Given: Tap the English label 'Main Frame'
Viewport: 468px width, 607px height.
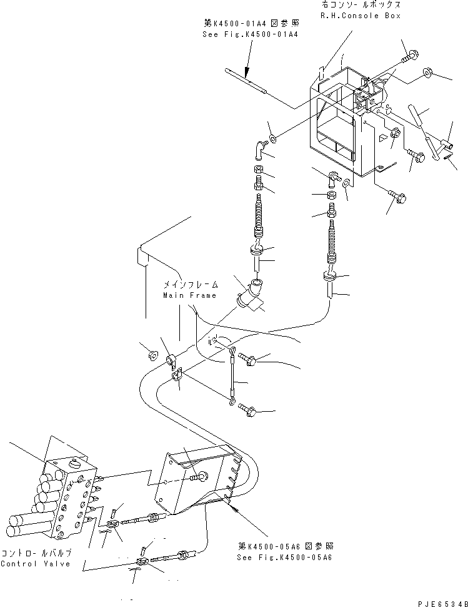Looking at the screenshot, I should pos(189,295).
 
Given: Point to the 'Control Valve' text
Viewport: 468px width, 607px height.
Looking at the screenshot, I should pos(36,564).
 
